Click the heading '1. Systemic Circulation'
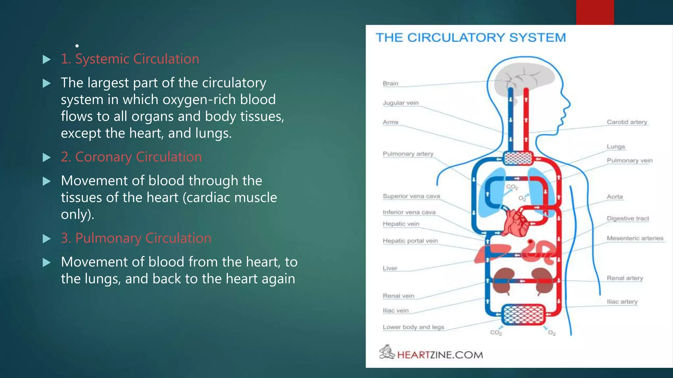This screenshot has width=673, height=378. [x=130, y=59]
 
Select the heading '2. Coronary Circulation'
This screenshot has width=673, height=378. [x=131, y=157]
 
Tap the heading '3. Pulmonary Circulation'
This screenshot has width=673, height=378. [x=136, y=238]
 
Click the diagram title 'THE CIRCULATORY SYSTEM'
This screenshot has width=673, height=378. [x=471, y=38]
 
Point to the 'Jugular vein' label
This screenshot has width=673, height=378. [x=401, y=103]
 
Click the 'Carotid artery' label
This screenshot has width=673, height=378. [x=627, y=122]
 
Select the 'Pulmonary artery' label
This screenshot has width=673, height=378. [x=408, y=154]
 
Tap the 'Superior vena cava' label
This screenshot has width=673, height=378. [x=411, y=196]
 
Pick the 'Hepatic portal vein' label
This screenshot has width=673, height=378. [x=410, y=241]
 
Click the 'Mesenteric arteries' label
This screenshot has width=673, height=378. [x=635, y=238]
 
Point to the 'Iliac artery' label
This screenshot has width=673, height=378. [x=622, y=302]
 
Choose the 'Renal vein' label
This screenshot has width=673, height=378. [x=398, y=296]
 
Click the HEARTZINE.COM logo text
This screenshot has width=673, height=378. [x=440, y=355]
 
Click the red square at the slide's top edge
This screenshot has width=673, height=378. [x=595, y=12]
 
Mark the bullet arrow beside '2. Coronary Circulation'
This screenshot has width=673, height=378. [x=47, y=157]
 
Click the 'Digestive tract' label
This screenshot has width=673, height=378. [x=628, y=219]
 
